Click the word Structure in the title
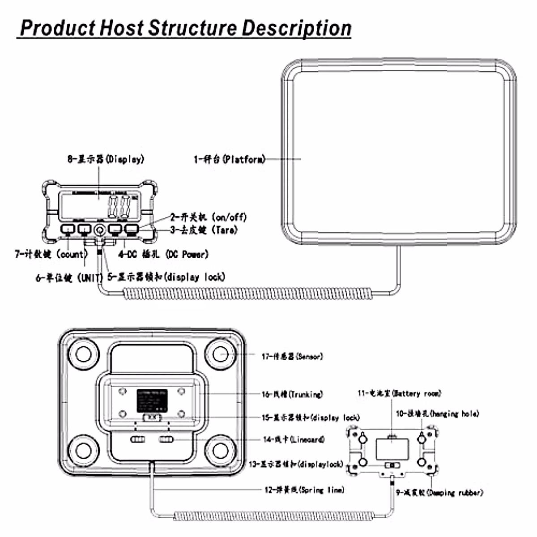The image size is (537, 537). (192, 28)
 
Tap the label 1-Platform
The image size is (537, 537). (230, 159)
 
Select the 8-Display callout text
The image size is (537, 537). (106, 159)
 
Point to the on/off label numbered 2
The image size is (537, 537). (208, 217)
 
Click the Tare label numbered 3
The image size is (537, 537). (204, 230)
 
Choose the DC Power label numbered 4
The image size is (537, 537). (163, 254)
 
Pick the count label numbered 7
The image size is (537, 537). (51, 254)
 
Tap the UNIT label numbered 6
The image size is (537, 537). (69, 277)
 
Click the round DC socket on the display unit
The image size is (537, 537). (99, 230)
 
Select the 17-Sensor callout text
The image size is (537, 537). (292, 356)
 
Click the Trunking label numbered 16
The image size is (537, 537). (292, 394)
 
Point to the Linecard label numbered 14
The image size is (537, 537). (293, 439)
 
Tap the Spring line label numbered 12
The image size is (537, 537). (304, 490)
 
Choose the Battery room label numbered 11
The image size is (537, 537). (399, 393)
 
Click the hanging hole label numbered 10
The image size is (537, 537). (437, 413)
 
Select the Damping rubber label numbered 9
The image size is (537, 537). (439, 493)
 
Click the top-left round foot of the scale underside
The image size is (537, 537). (81, 354)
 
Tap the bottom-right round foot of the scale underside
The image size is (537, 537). (221, 448)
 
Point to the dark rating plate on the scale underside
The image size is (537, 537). (152, 401)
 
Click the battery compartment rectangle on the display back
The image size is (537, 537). (392, 448)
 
